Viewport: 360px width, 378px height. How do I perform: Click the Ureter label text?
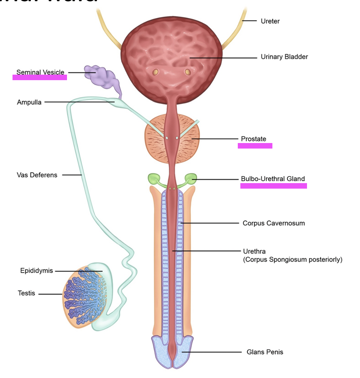pos(270,21)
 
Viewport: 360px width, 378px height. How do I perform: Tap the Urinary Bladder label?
pos(284,57)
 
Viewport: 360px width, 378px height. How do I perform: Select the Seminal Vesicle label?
pos(40,72)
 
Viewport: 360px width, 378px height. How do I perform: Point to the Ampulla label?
pos(29,102)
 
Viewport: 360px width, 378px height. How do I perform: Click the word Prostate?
pos(253,139)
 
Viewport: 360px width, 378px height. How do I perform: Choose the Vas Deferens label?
pos(37,175)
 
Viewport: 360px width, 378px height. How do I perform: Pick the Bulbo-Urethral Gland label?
pos(273,179)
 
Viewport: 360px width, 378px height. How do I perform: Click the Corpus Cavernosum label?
pos(273,223)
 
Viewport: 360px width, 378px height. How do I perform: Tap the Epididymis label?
pos(36,271)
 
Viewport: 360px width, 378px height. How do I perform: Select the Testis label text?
pos(26,293)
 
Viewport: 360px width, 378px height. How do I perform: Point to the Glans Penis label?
pos(265,352)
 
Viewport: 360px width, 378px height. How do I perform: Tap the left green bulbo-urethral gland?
pos(154,178)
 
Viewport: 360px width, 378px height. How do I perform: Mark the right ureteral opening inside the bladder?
pos(188,72)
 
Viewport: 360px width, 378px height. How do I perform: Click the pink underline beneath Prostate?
pos(255,146)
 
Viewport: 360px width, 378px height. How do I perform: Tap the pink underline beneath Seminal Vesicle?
pos(40,78)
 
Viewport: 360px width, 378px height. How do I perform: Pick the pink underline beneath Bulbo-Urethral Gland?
pos(273,186)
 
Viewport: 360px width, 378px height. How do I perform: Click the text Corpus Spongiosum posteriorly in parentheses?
pos(292,260)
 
